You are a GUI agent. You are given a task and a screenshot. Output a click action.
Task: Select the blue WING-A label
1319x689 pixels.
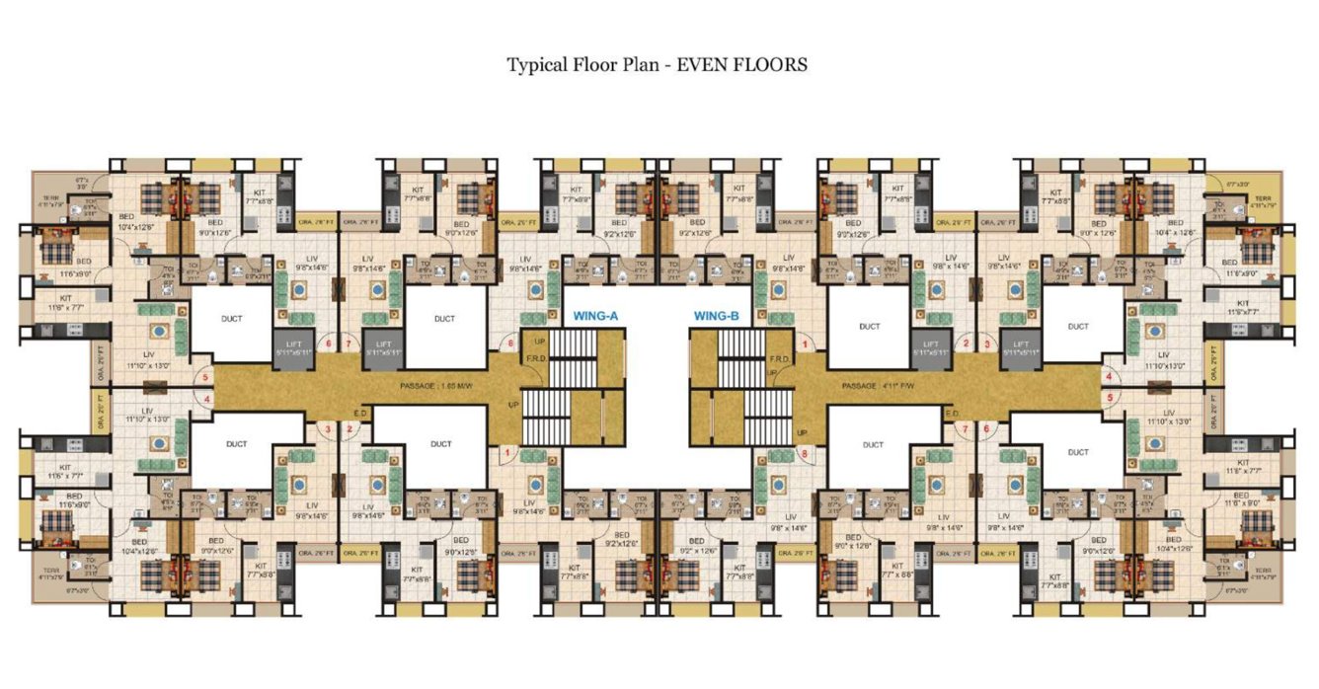pos(595,317)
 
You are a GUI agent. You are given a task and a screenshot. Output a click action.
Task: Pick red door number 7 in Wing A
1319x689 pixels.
pos(349,344)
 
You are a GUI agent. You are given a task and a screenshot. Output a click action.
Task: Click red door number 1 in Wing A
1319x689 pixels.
pos(507,453)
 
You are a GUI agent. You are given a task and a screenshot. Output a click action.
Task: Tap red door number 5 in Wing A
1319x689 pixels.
pos(205,376)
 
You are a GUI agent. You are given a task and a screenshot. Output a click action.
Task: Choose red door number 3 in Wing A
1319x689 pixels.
pos(329,428)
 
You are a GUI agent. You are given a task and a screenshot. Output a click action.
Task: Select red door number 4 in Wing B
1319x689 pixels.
pos(1110,376)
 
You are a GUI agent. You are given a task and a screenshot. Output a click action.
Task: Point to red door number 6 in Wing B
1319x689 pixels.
pos(984,428)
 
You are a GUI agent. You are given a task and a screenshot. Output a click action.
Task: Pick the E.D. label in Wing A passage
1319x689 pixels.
pos(360,414)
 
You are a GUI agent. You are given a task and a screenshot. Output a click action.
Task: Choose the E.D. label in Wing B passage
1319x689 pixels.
pos(952,414)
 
